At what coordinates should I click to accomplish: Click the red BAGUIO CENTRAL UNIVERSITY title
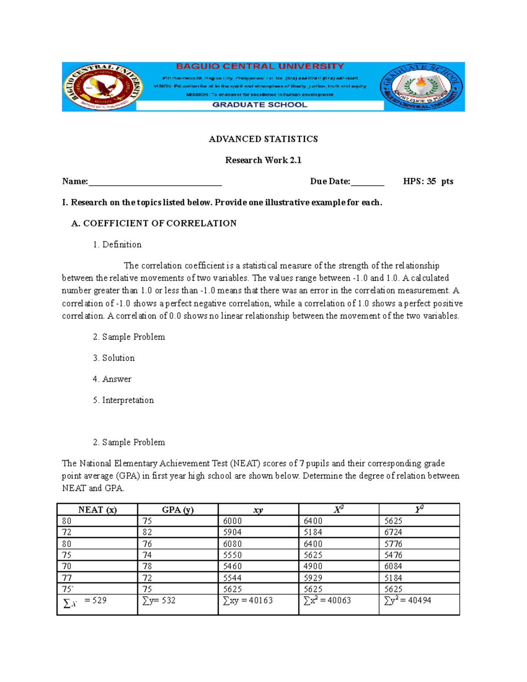click(260, 66)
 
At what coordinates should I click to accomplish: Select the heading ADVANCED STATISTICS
click(263, 139)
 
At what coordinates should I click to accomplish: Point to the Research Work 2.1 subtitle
click(263, 160)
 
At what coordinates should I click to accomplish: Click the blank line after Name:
click(155, 182)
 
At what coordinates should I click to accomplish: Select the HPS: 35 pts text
click(428, 181)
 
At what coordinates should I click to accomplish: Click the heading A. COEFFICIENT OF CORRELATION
click(154, 224)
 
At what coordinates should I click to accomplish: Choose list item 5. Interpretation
click(123, 400)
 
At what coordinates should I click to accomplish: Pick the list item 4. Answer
click(112, 379)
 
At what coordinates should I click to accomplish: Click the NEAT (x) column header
click(97, 510)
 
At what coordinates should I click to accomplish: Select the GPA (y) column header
click(177, 510)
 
